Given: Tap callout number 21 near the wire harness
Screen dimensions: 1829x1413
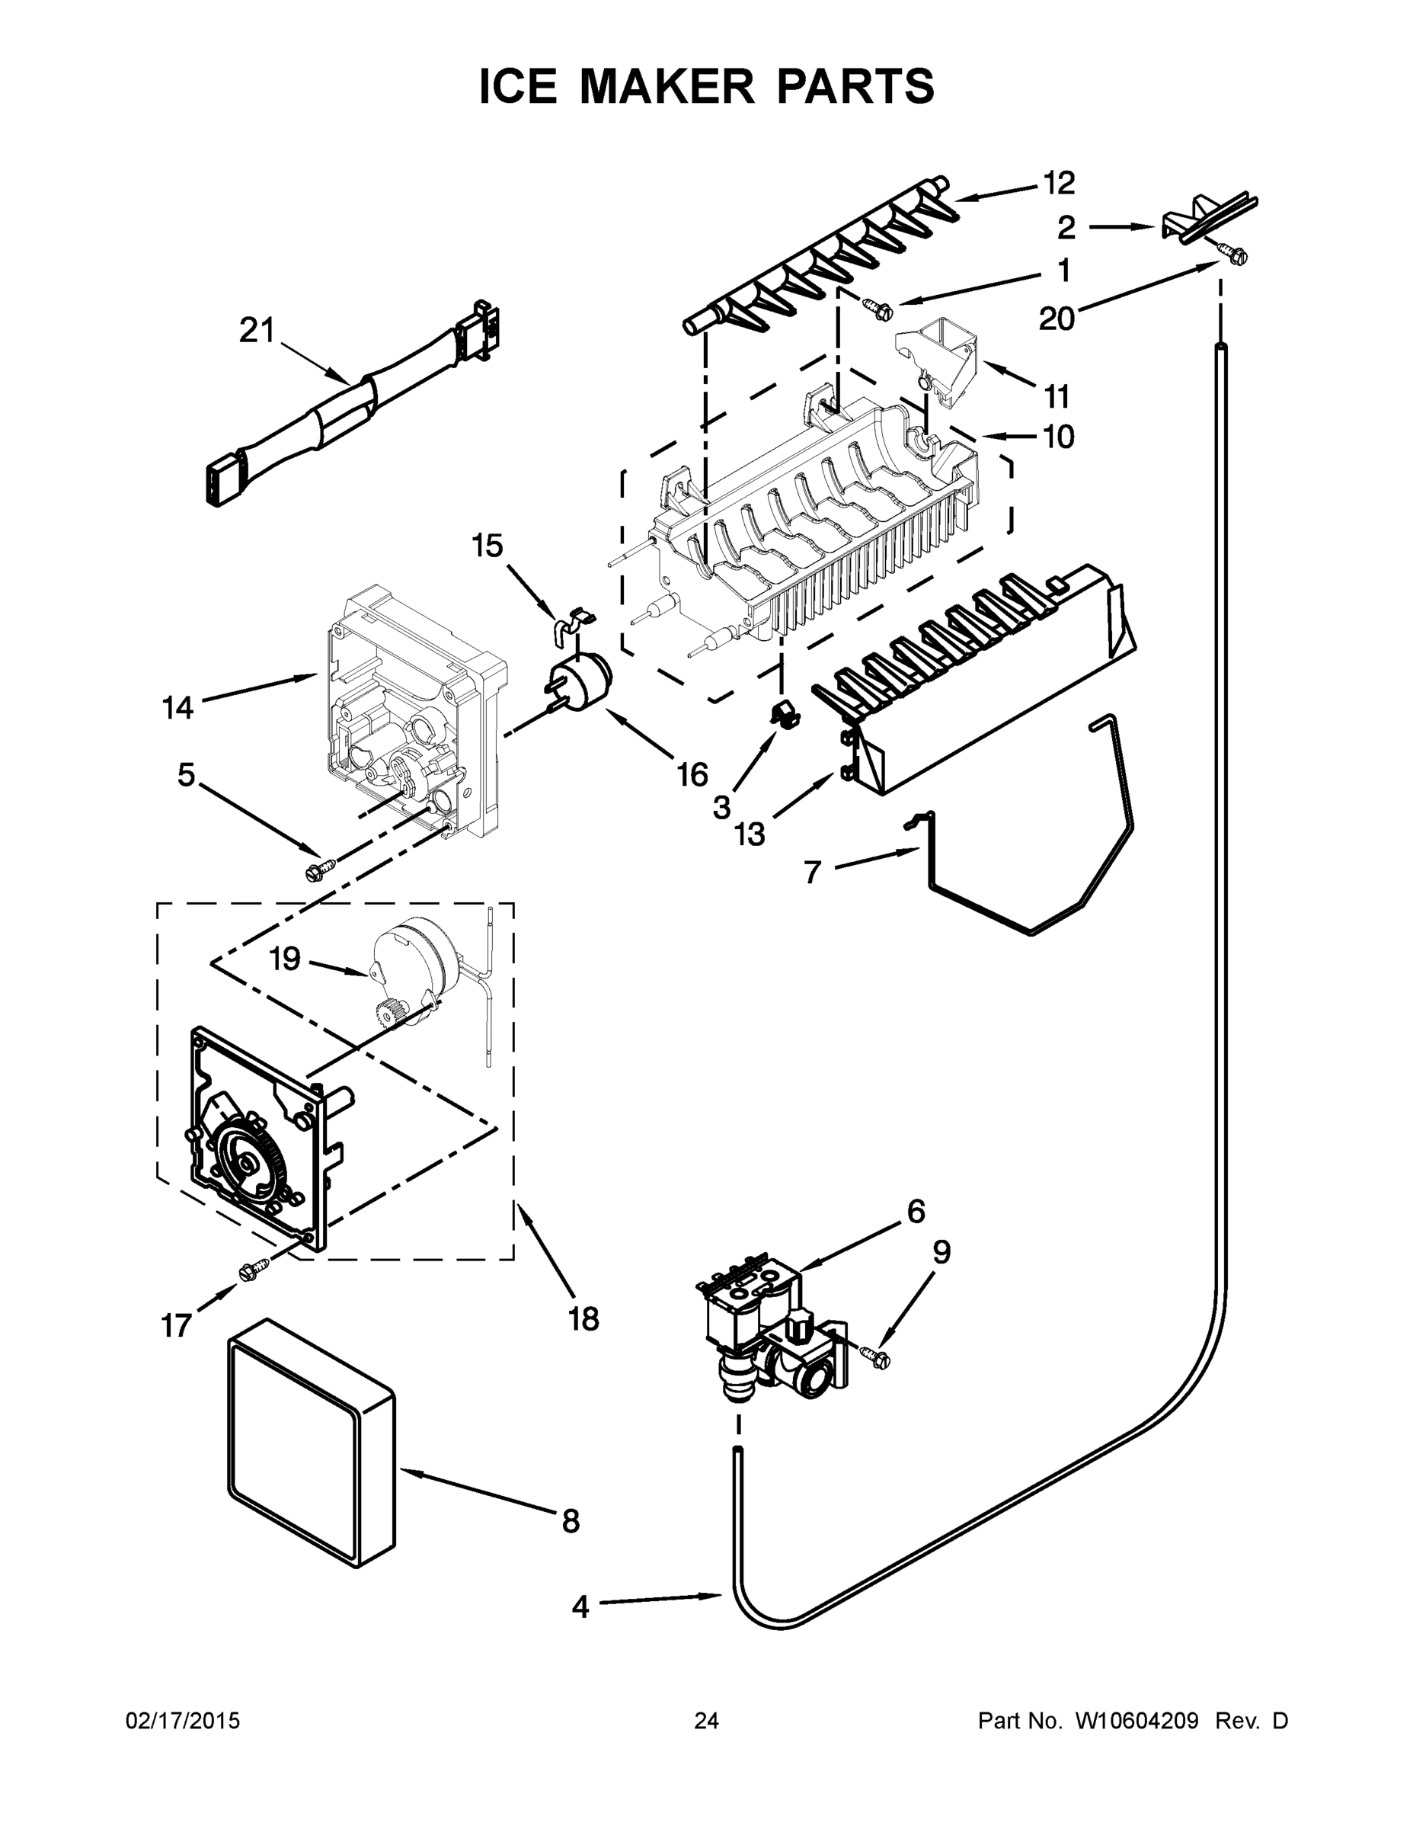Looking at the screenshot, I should click(x=256, y=331).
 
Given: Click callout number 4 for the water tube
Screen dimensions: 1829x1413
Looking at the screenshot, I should click(x=580, y=1606).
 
